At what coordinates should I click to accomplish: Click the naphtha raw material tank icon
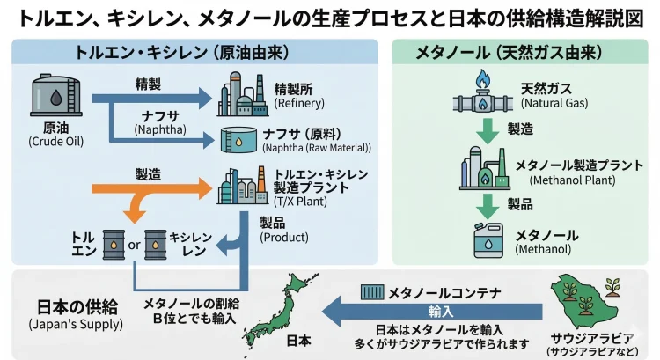click(x=238, y=139)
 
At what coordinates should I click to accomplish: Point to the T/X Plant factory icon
click(x=238, y=187)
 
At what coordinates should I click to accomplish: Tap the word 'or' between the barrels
click(x=135, y=245)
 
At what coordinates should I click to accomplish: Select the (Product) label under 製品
click(x=283, y=237)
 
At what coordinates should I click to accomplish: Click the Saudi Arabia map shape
click(x=584, y=304)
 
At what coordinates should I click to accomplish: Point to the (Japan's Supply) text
click(x=66, y=325)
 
